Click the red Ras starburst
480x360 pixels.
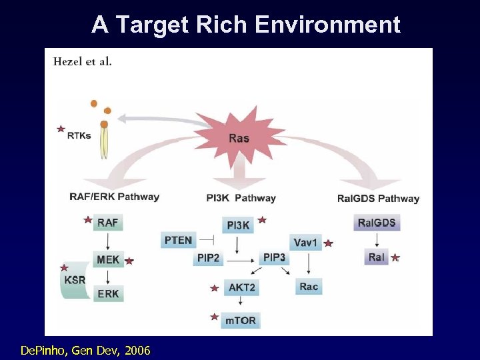tap(239, 138)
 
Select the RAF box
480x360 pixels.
tap(108, 223)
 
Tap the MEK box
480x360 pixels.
tap(108, 259)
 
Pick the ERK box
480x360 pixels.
tap(108, 293)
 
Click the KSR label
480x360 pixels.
tap(75, 280)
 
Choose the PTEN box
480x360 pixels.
tap(178, 240)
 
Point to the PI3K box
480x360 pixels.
tap(239, 225)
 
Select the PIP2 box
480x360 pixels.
tap(209, 258)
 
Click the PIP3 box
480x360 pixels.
tap(274, 257)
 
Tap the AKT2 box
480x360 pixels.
tap(241, 288)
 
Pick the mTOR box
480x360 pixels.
tap(241, 320)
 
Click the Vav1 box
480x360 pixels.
tap(305, 242)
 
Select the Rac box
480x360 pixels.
tap(309, 287)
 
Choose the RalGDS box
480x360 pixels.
tap(377, 223)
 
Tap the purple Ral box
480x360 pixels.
tap(376, 257)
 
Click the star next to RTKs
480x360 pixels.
tap(61, 128)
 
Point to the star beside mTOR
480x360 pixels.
tap(215, 317)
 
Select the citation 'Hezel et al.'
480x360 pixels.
tap(83, 61)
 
